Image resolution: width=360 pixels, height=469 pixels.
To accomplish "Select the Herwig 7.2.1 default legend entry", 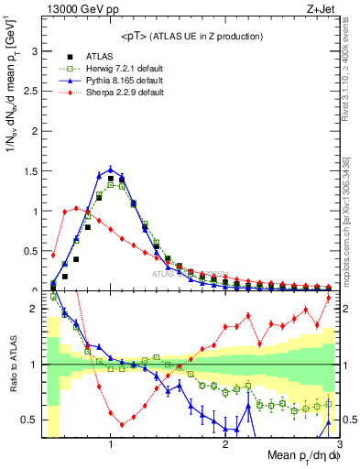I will click(x=125, y=70).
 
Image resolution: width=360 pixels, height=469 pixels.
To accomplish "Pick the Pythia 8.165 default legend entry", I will click(x=124, y=82).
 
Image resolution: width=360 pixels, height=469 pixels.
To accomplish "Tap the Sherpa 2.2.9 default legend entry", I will click(x=125, y=93).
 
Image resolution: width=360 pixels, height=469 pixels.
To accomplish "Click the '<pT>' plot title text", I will click(x=190, y=37).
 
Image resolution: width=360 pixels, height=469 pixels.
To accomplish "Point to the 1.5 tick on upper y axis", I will click(x=33, y=171).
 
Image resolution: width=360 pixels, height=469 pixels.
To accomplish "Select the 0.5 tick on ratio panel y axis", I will click(x=32, y=420).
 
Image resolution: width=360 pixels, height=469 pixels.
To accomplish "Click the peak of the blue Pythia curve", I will click(x=111, y=169).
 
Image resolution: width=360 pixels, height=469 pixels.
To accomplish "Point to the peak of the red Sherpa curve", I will click(x=76, y=208).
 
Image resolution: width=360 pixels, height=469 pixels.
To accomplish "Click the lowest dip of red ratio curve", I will click(x=122, y=424).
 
